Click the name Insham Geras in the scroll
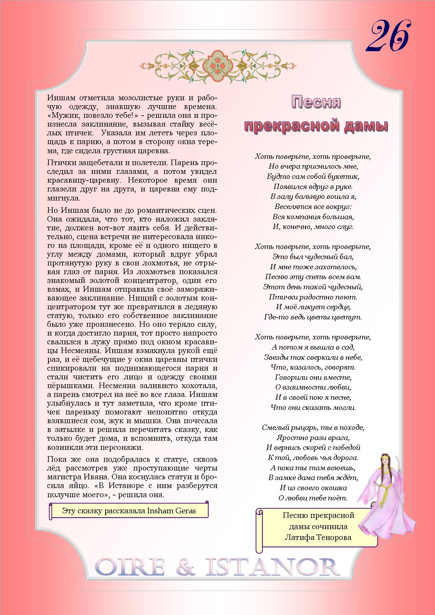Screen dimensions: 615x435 click(x=172, y=511)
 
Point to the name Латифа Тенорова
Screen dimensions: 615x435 click(x=318, y=537)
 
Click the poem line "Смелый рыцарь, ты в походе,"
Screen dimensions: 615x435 click(x=313, y=427)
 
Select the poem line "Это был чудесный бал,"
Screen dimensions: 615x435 click(x=313, y=257)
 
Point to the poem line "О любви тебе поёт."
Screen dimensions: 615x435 click(x=313, y=498)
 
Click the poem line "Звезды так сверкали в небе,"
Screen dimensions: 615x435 click(x=313, y=357)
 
